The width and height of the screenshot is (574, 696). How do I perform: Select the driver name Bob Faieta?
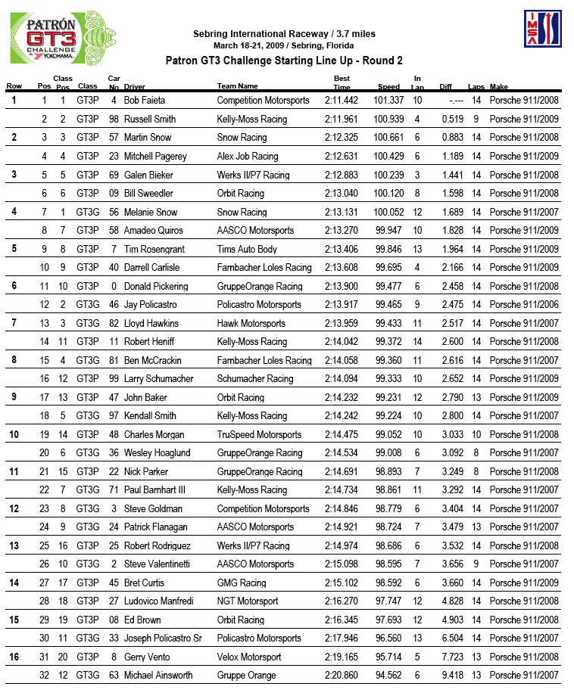pos(145,101)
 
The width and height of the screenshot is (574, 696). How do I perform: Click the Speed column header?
pos(388,87)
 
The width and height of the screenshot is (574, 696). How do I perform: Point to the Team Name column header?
pos(237,87)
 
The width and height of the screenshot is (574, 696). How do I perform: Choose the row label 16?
pos(14,657)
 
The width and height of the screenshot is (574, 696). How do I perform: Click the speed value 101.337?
pos(389,101)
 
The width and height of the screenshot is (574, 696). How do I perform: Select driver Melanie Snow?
pos(151,213)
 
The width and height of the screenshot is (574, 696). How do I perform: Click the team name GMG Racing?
pos(242,583)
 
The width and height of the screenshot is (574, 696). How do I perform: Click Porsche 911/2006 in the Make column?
pos(524,305)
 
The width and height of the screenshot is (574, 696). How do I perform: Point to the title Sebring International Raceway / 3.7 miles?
pos(284,34)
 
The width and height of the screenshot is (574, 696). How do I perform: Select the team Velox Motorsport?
pos(249,657)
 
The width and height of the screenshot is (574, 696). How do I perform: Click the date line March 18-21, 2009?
pos(284,45)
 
